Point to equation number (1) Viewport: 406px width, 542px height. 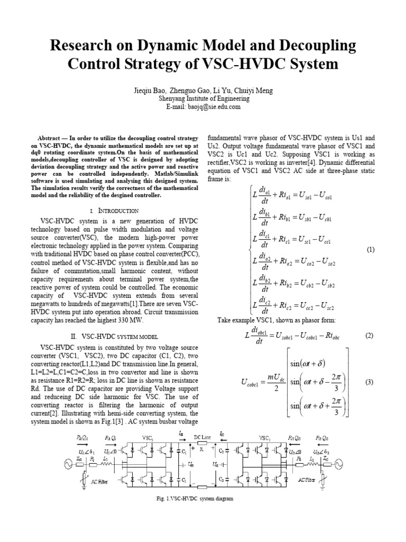(x=370, y=250)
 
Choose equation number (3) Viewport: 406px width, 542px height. (x=370, y=383)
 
